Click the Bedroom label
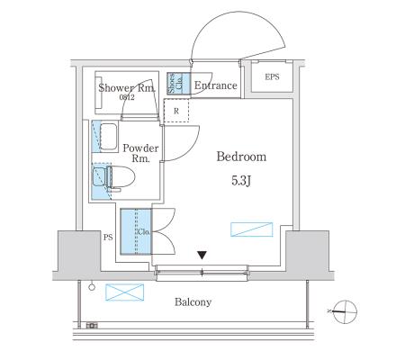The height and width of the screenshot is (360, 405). click(x=241, y=157)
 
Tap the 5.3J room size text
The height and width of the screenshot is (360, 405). click(x=241, y=181)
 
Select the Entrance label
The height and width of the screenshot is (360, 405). click(x=216, y=85)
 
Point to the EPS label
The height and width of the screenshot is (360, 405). click(x=272, y=77)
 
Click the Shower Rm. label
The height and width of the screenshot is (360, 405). click(x=127, y=88)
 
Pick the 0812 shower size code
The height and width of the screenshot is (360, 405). click(x=127, y=97)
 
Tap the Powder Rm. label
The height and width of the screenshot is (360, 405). click(x=140, y=153)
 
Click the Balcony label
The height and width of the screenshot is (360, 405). click(x=193, y=301)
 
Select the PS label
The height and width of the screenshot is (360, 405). click(x=108, y=238)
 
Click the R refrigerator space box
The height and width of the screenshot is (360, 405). click(x=176, y=111)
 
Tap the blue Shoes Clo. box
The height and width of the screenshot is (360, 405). click(x=178, y=84)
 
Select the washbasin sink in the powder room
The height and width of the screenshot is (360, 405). click(x=108, y=137)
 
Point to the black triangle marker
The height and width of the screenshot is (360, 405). click(x=202, y=256)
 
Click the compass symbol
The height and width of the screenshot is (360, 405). click(x=345, y=311)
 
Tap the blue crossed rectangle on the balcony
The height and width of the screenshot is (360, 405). click(x=124, y=292)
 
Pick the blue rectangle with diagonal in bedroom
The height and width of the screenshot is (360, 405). click(x=252, y=229)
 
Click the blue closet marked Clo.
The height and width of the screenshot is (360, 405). click(x=136, y=231)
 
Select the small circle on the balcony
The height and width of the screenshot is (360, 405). click(x=92, y=287)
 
